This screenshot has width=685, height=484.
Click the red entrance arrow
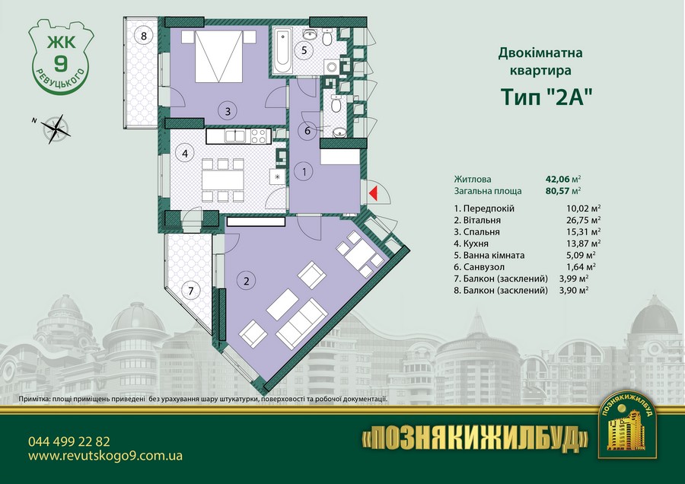(x=374, y=193)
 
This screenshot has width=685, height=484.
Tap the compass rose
(x=56, y=129)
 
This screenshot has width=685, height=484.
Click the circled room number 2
(x=247, y=281)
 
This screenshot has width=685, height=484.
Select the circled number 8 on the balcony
(x=144, y=36)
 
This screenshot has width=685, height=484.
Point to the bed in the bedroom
(x=218, y=56)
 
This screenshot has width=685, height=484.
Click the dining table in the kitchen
(x=223, y=180)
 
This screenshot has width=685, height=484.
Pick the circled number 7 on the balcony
(x=191, y=291)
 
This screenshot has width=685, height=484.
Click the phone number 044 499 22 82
(x=69, y=441)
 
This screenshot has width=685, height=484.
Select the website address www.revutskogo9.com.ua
(x=105, y=457)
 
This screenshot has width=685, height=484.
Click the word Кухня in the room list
(x=476, y=244)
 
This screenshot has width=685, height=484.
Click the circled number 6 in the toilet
(x=307, y=131)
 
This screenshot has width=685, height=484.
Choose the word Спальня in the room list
(x=482, y=232)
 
